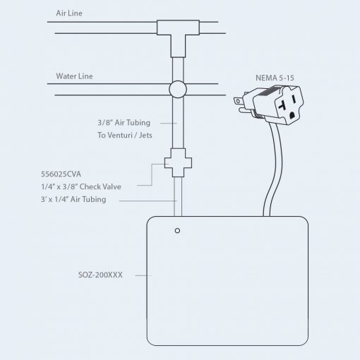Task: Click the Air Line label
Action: (69, 13)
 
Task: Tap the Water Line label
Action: (74, 76)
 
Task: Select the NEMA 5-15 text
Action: (275, 78)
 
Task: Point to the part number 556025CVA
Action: (61, 174)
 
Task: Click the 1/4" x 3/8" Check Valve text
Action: (81, 186)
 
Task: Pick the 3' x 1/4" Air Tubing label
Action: (73, 199)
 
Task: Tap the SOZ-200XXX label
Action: (100, 275)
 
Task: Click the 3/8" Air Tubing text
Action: (124, 123)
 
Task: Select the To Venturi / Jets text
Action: (125, 136)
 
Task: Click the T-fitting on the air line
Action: (178, 35)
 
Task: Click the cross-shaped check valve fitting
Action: (178, 162)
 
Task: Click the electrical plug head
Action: (277, 104)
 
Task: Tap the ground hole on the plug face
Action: (292, 115)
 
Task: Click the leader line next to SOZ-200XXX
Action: (143, 275)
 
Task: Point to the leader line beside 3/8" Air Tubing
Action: (169, 123)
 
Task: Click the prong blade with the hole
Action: (239, 101)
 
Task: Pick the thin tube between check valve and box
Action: (178, 196)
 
